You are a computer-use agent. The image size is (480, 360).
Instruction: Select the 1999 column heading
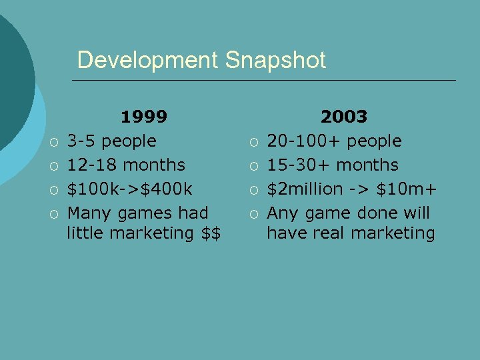pyautogui.click(x=143, y=117)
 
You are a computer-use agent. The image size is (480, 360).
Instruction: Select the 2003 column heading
pyautogui.click(x=344, y=117)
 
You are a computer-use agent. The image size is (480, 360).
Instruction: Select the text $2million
pyautogui.click(x=305, y=189)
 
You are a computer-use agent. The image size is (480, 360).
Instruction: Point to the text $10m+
pyautogui.click(x=406, y=189)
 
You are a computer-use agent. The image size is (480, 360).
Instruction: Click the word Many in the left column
pyautogui.click(x=88, y=213)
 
